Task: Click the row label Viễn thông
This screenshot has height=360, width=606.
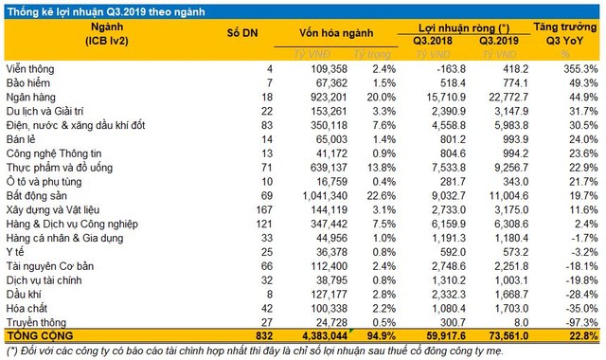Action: pos(33,70)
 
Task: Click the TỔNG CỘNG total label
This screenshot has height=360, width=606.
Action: pos(40,336)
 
